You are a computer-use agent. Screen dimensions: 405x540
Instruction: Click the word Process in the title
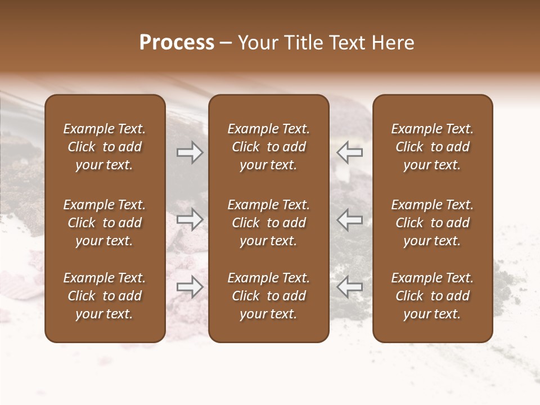(x=177, y=43)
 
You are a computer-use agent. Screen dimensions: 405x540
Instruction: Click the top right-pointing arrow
(x=190, y=152)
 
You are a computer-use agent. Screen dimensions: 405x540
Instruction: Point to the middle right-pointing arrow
(x=190, y=219)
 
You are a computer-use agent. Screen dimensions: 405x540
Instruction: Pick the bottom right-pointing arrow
(x=190, y=287)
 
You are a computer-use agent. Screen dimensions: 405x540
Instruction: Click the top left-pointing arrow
(x=349, y=152)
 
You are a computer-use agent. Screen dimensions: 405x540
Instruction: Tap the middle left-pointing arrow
(x=349, y=219)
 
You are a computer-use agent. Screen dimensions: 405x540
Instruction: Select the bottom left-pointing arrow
(x=349, y=287)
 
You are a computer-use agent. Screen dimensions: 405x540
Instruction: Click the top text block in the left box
(x=105, y=147)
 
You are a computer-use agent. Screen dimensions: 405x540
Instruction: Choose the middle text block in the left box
(x=105, y=223)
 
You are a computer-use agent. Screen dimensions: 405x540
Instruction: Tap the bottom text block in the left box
(x=105, y=296)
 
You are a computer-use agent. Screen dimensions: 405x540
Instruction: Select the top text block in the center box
(x=268, y=147)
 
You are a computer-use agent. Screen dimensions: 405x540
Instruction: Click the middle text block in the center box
(x=268, y=223)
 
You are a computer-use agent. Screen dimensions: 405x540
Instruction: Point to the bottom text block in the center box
(x=268, y=296)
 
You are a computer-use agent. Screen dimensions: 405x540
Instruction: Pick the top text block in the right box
(x=432, y=147)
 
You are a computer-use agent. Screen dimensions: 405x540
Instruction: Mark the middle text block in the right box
(x=432, y=223)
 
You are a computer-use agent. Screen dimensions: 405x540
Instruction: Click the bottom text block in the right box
(x=432, y=296)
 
